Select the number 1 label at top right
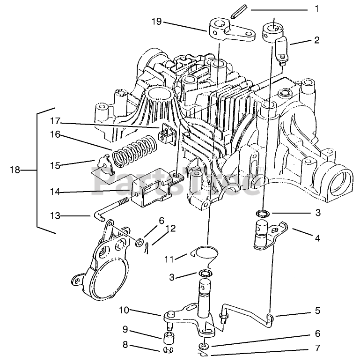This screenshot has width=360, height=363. (316, 9)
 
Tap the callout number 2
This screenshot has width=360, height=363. (317, 40)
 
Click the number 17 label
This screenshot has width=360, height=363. (56, 121)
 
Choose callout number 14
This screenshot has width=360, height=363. (55, 191)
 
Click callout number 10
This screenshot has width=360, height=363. (124, 311)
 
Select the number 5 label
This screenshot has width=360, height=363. (317, 310)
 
